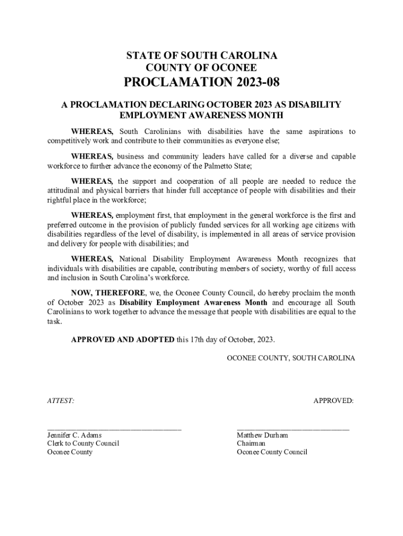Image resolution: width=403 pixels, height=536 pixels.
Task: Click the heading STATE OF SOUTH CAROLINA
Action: tap(201, 56)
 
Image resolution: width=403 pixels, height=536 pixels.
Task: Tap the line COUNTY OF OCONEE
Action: tap(201, 68)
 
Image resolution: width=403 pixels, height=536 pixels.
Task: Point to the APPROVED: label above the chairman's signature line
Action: tap(333, 401)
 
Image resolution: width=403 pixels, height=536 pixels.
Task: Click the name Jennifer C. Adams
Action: tap(74, 435)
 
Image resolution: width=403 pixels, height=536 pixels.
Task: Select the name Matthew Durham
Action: tap(262, 435)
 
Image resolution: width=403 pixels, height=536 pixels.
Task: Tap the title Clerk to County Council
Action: tap(83, 443)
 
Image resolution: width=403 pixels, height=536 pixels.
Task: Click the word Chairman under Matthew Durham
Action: tap(251, 443)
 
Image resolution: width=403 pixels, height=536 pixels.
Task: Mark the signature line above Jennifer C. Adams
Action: tap(114, 428)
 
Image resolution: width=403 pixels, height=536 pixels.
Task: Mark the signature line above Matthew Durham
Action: tap(293, 428)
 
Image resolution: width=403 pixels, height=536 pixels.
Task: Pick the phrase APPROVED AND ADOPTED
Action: tap(122, 340)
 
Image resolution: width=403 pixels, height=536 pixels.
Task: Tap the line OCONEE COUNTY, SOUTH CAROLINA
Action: tap(291, 358)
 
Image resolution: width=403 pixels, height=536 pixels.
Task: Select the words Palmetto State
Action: tap(229, 166)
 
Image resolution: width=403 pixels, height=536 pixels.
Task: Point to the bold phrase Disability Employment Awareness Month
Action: tap(193, 303)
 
